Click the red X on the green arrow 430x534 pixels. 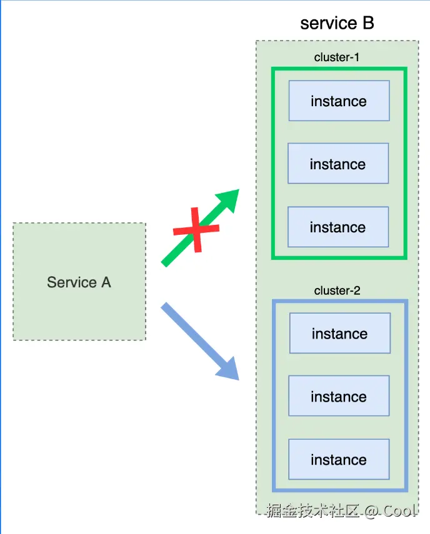[x=196, y=230]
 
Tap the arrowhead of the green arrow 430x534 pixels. [x=229, y=199]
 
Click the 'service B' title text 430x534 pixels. [x=337, y=23]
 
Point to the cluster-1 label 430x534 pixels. [x=337, y=57]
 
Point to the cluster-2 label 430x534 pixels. [x=337, y=290]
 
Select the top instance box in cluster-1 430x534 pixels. [x=339, y=101]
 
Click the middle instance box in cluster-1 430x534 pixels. [x=338, y=164]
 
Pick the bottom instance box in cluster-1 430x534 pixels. [x=338, y=227]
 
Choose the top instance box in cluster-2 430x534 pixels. [x=339, y=334]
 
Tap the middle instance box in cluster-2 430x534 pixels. [x=339, y=397]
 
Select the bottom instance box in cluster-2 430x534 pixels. [x=339, y=460]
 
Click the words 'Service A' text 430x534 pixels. [x=79, y=282]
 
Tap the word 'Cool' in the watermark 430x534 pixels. [x=400, y=511]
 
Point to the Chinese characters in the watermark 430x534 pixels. [x=312, y=511]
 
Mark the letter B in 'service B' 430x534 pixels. [x=367, y=23]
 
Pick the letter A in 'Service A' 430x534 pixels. [x=105, y=282]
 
